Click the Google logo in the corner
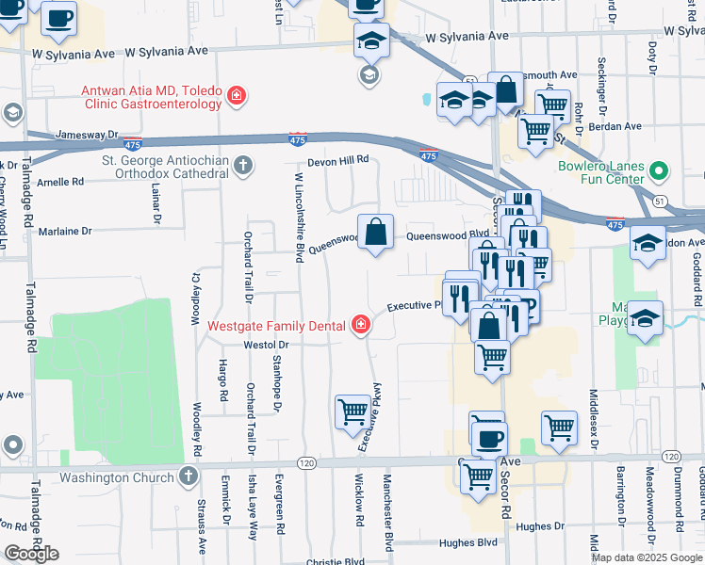pos(31,554)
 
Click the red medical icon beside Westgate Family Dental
pos(360,327)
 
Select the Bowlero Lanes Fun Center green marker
pos(660,173)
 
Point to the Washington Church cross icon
pos(189,476)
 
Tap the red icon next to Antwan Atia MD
pos(236,95)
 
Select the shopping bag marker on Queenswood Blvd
pos(375,232)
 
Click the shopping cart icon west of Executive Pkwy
pos(352,411)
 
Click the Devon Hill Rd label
pos(335,160)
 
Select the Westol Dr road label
pos(265,345)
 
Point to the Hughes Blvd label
pos(467,543)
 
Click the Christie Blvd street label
pos(335,561)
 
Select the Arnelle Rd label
pos(61,182)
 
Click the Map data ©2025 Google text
pos(646,557)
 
